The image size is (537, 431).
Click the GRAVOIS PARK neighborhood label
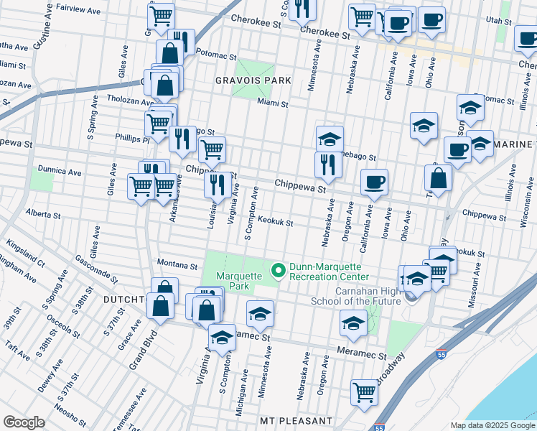(253, 80)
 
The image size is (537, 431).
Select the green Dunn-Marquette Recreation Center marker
(278, 271)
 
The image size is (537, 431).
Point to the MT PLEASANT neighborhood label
(296, 420)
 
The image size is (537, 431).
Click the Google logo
(24, 422)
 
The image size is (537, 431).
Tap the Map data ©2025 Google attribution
(492, 425)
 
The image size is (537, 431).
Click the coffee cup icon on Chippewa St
(373, 182)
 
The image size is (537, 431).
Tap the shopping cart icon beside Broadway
(364, 393)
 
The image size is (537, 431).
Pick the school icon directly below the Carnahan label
(352, 325)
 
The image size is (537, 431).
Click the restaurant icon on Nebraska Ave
(328, 164)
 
